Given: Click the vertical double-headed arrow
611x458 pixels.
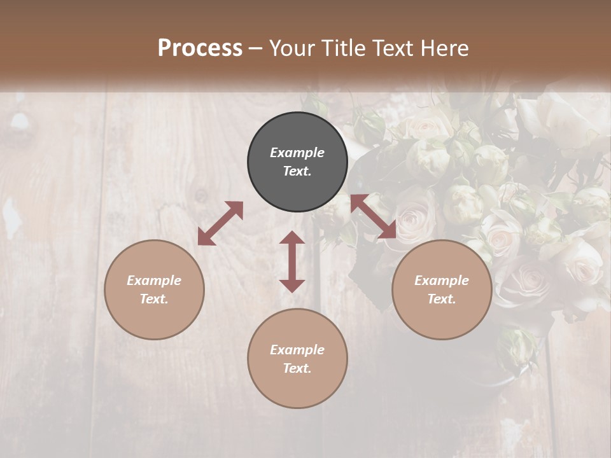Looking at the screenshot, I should (292, 261).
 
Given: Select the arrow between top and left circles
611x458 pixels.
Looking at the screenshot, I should (220, 223).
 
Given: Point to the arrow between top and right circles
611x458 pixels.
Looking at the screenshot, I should (374, 216).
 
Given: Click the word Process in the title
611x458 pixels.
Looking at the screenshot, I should (200, 48).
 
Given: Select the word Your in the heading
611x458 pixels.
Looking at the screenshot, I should (290, 48).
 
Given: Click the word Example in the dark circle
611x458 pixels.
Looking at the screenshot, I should (297, 153).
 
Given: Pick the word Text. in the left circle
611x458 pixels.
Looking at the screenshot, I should (154, 299).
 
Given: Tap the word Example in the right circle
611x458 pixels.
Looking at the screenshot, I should (442, 281).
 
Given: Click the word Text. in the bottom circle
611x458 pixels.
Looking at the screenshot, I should (297, 368).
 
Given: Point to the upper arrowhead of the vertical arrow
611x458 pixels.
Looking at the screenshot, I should (292, 238).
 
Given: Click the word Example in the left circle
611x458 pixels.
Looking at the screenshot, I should (154, 281).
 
